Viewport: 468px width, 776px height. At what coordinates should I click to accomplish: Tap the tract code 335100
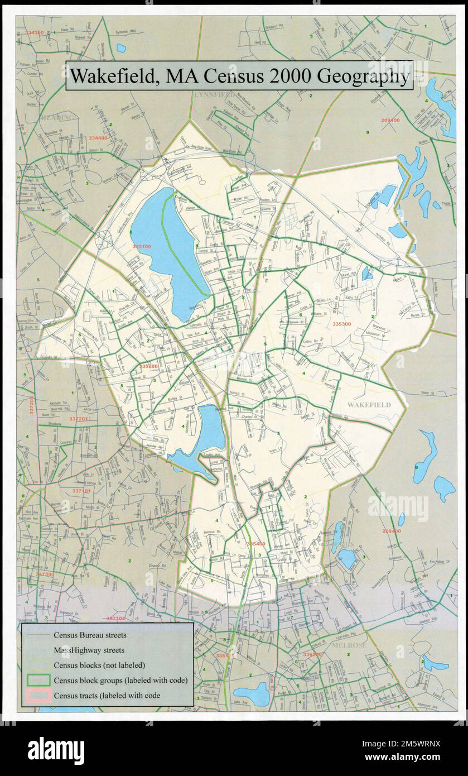coord(142,246)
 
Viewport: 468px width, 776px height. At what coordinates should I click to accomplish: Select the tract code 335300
coord(341,324)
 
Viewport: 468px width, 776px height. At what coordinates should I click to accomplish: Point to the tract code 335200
coord(149,366)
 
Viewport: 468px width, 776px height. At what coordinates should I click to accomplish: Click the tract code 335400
coord(256,543)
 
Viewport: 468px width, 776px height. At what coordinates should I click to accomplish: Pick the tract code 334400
coord(98,138)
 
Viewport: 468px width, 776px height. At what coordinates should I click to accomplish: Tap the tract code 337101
coord(81,491)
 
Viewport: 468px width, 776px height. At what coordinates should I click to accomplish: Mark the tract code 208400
coord(391,531)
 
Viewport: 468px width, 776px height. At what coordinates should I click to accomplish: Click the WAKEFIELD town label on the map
coord(369,404)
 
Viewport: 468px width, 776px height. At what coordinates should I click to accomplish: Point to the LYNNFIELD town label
coord(214,95)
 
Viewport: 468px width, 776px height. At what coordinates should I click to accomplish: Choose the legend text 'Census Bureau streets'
coord(90,635)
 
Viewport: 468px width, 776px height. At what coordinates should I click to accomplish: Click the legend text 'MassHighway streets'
coord(89,650)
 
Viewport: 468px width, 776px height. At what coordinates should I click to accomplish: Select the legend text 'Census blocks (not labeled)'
coord(99,665)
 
